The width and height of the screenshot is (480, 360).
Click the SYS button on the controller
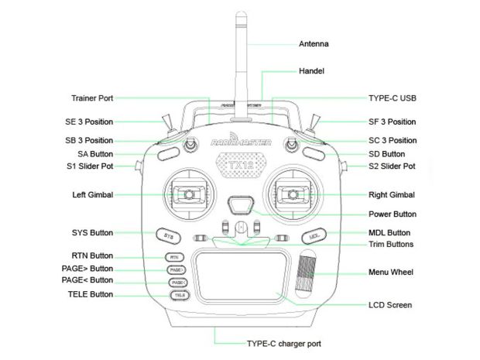[x=166, y=234]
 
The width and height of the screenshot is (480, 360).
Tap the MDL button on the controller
[x=314, y=235]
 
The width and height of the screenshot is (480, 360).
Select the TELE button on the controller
[x=177, y=295]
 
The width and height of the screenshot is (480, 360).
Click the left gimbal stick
[x=188, y=194]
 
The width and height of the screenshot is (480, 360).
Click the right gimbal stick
[x=293, y=194]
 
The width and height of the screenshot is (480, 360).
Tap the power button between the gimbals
[x=241, y=207]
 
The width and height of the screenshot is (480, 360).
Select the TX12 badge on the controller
[x=241, y=164]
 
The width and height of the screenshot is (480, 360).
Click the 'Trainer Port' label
[x=91, y=98]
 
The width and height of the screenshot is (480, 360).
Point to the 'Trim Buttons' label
[x=390, y=245]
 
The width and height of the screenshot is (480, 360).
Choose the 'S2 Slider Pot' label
[x=392, y=166]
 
